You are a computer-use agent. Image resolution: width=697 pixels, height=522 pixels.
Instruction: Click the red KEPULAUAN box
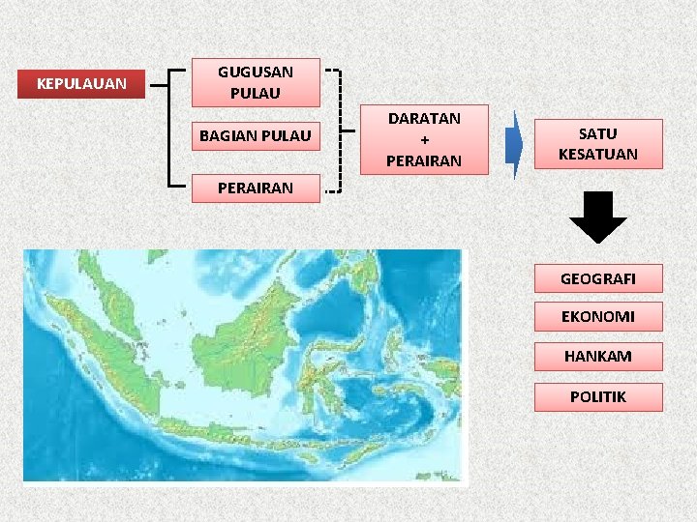(x=81, y=84)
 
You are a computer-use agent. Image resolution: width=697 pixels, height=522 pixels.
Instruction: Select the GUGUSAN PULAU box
(x=256, y=82)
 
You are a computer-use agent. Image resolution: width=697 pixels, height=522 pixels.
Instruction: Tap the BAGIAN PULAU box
(x=256, y=135)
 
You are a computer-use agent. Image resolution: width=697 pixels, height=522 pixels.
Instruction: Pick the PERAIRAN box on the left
(x=256, y=188)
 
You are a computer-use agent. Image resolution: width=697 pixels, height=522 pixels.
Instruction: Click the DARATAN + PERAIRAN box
(x=424, y=139)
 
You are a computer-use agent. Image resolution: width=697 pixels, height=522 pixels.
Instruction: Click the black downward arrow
(x=597, y=217)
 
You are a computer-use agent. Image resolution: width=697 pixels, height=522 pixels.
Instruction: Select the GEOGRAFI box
(x=597, y=278)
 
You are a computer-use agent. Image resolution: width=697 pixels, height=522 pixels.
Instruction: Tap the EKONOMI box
(x=597, y=317)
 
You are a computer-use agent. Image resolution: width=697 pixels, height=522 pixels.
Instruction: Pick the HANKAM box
(x=597, y=357)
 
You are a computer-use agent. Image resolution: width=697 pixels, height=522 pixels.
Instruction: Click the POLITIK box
(x=597, y=397)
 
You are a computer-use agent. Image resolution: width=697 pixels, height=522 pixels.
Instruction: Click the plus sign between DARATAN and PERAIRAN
(x=424, y=139)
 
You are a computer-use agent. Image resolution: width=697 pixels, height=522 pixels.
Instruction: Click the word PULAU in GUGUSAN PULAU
(x=256, y=94)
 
